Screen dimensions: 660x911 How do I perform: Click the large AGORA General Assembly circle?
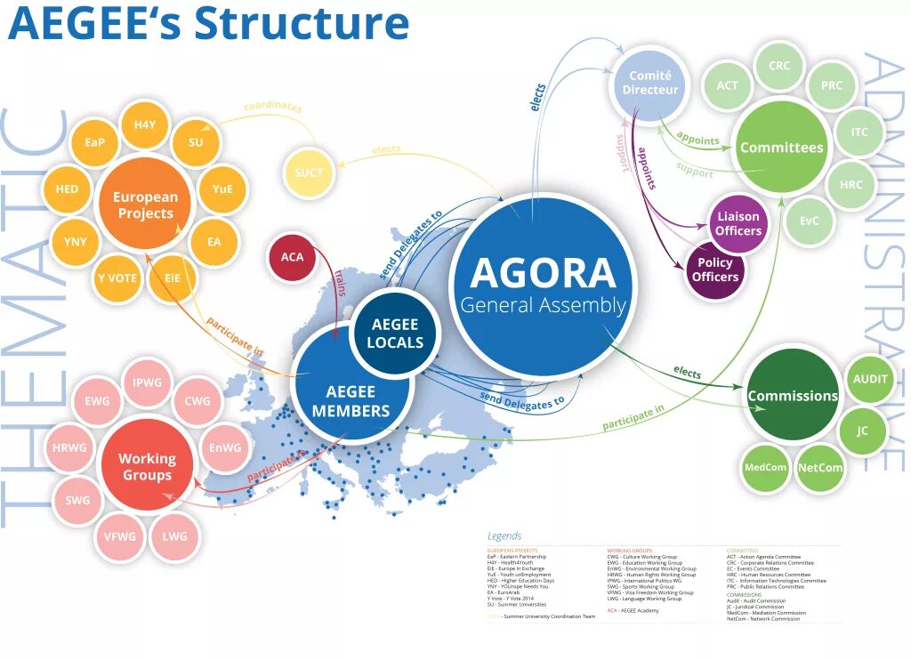coord(543,284)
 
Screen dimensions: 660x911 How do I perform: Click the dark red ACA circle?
coord(293,257)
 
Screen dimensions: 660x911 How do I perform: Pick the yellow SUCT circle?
coord(309,172)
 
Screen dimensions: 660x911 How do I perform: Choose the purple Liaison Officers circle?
coord(738,223)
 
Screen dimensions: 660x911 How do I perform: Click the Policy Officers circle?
coord(715,270)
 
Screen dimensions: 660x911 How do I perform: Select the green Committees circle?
coord(781,147)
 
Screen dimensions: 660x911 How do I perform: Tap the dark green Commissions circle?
coord(792,396)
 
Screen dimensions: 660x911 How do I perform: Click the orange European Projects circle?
coord(145,205)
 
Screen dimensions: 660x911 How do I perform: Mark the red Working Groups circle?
coord(147,466)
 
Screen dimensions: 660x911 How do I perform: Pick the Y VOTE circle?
coord(117,278)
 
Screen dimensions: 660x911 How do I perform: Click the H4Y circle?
coord(145,125)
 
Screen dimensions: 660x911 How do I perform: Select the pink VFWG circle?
coord(119,536)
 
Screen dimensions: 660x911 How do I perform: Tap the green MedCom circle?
coord(764,467)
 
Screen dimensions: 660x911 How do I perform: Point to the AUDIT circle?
coord(870,379)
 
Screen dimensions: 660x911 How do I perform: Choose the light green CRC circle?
coord(778,66)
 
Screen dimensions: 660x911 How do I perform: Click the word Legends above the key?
coord(504,536)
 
